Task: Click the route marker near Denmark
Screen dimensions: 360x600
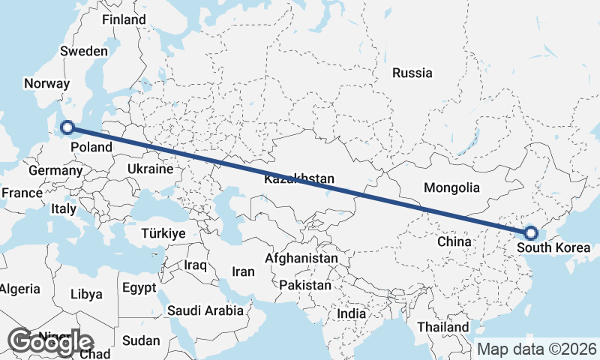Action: [67, 127]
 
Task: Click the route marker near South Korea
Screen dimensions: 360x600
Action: [530, 233]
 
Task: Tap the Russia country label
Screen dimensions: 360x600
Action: [412, 73]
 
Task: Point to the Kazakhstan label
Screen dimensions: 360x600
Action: [298, 179]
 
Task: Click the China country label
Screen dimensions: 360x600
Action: [454, 241]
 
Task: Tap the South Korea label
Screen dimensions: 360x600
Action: [558, 248]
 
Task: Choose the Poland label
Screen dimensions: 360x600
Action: [91, 147]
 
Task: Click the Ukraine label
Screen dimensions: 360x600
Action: [150, 169]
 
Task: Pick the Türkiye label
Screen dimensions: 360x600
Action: [163, 234]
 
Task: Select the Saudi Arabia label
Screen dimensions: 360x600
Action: [205, 310]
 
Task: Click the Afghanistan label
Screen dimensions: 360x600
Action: [301, 258]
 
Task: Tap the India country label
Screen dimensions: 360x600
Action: [351, 313]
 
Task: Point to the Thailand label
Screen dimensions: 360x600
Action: [443, 327]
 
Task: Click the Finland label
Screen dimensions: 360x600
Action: [124, 19]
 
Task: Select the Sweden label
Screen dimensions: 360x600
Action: [84, 51]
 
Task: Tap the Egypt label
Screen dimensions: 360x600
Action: [139, 287]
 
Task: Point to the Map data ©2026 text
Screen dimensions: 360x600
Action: [537, 349]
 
